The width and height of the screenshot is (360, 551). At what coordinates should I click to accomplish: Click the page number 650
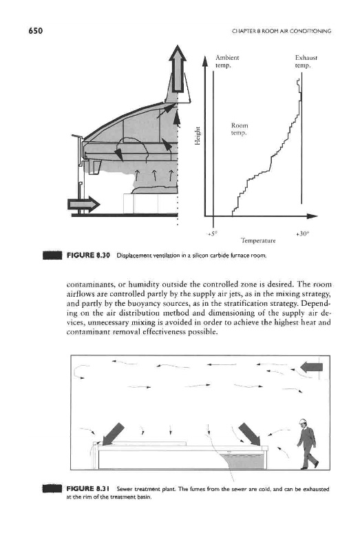(36, 31)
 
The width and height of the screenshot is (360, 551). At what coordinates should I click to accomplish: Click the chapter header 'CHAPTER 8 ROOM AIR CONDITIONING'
(282, 31)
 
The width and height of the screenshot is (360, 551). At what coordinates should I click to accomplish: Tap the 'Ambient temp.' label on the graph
(227, 61)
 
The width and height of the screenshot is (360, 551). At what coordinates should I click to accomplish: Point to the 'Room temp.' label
(240, 129)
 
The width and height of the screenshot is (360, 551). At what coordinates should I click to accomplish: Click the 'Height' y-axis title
(198, 135)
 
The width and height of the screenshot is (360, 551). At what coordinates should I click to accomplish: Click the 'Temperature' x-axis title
(258, 240)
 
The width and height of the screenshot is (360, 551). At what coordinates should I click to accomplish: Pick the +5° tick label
(213, 233)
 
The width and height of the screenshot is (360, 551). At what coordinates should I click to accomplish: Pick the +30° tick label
(301, 233)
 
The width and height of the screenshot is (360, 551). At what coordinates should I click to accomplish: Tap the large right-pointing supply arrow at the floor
(83, 204)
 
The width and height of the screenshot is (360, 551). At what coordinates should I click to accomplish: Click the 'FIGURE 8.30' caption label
(89, 255)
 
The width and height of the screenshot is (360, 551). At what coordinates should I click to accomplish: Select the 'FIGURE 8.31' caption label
(89, 488)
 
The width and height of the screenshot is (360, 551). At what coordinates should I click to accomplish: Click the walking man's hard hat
(302, 422)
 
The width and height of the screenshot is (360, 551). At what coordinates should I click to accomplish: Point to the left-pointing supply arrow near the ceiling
(312, 367)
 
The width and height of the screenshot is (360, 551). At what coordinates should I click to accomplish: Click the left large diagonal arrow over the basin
(113, 434)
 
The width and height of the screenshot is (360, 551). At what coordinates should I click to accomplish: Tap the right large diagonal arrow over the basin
(250, 434)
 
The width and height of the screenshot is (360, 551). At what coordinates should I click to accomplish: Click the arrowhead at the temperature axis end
(313, 216)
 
